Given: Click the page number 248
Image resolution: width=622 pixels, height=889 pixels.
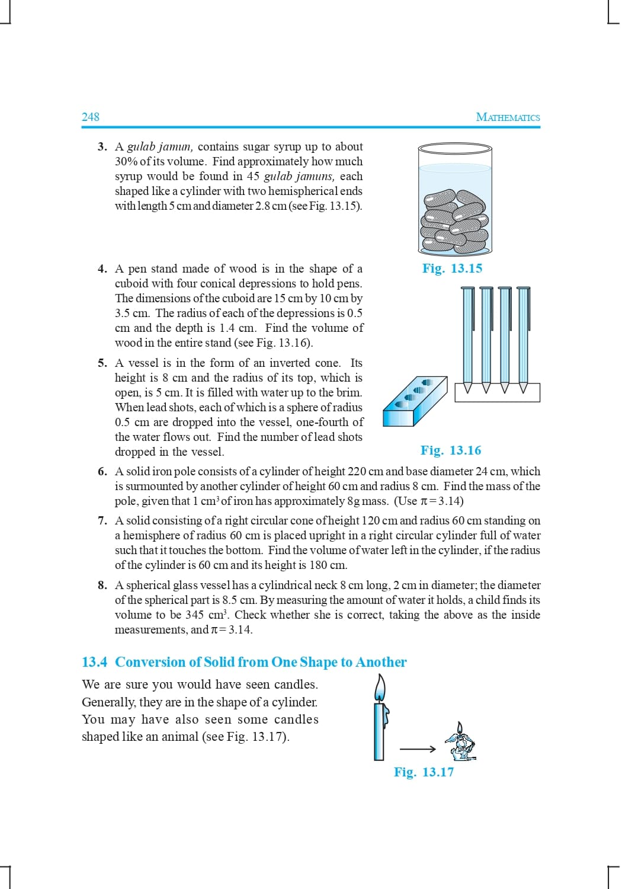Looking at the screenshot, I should click(x=91, y=117).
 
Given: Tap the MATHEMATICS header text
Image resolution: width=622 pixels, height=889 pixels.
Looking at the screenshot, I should click(x=508, y=117).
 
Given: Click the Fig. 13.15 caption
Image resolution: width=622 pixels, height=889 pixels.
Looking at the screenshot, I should click(x=452, y=268).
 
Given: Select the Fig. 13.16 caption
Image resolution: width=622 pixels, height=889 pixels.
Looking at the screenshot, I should click(x=451, y=450).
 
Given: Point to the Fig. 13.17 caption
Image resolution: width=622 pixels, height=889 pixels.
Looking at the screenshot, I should click(x=424, y=772).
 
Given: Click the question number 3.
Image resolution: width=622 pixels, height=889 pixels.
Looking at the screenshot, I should click(x=102, y=146).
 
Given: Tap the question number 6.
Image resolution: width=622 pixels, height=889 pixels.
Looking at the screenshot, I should click(x=102, y=471).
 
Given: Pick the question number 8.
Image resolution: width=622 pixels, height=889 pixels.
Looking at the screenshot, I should click(x=102, y=585).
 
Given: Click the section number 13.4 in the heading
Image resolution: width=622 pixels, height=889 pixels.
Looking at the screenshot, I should click(x=94, y=662).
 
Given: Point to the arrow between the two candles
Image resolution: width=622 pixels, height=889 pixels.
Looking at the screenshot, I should click(x=418, y=749).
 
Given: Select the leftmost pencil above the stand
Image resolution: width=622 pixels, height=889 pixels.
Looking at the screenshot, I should click(x=468, y=338).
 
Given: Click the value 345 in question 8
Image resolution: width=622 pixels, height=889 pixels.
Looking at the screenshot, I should click(x=195, y=615).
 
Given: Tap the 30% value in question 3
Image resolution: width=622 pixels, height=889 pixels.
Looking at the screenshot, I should click(x=126, y=161).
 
